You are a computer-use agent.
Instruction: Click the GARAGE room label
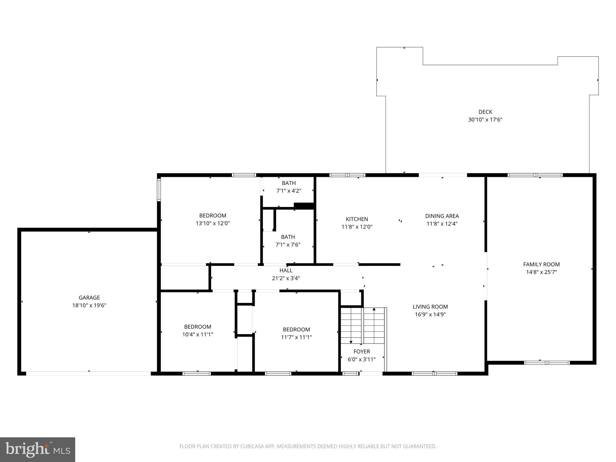click(89, 297)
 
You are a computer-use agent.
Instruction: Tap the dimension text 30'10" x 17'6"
click(485, 120)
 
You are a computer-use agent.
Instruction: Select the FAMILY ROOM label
click(541, 264)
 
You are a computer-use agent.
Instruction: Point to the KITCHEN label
click(357, 219)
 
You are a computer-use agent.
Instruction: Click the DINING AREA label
click(442, 216)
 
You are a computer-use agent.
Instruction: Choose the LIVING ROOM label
click(430, 307)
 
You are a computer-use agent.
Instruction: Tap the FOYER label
click(362, 351)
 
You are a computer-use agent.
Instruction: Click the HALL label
click(286, 270)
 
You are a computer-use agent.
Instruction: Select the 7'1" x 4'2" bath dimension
click(288, 191)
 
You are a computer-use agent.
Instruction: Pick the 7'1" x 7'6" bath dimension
click(288, 245)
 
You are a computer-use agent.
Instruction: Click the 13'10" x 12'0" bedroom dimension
click(213, 223)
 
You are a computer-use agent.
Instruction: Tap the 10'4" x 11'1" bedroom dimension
click(198, 334)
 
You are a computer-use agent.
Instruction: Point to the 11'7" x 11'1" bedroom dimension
click(296, 337)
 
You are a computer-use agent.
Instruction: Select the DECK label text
click(485, 112)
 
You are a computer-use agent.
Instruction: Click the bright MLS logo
click(37, 449)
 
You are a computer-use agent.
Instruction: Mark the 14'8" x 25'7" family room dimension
click(541, 272)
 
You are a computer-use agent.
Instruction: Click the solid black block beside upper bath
click(304, 206)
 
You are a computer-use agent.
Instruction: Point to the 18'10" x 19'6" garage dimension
click(89, 305)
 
